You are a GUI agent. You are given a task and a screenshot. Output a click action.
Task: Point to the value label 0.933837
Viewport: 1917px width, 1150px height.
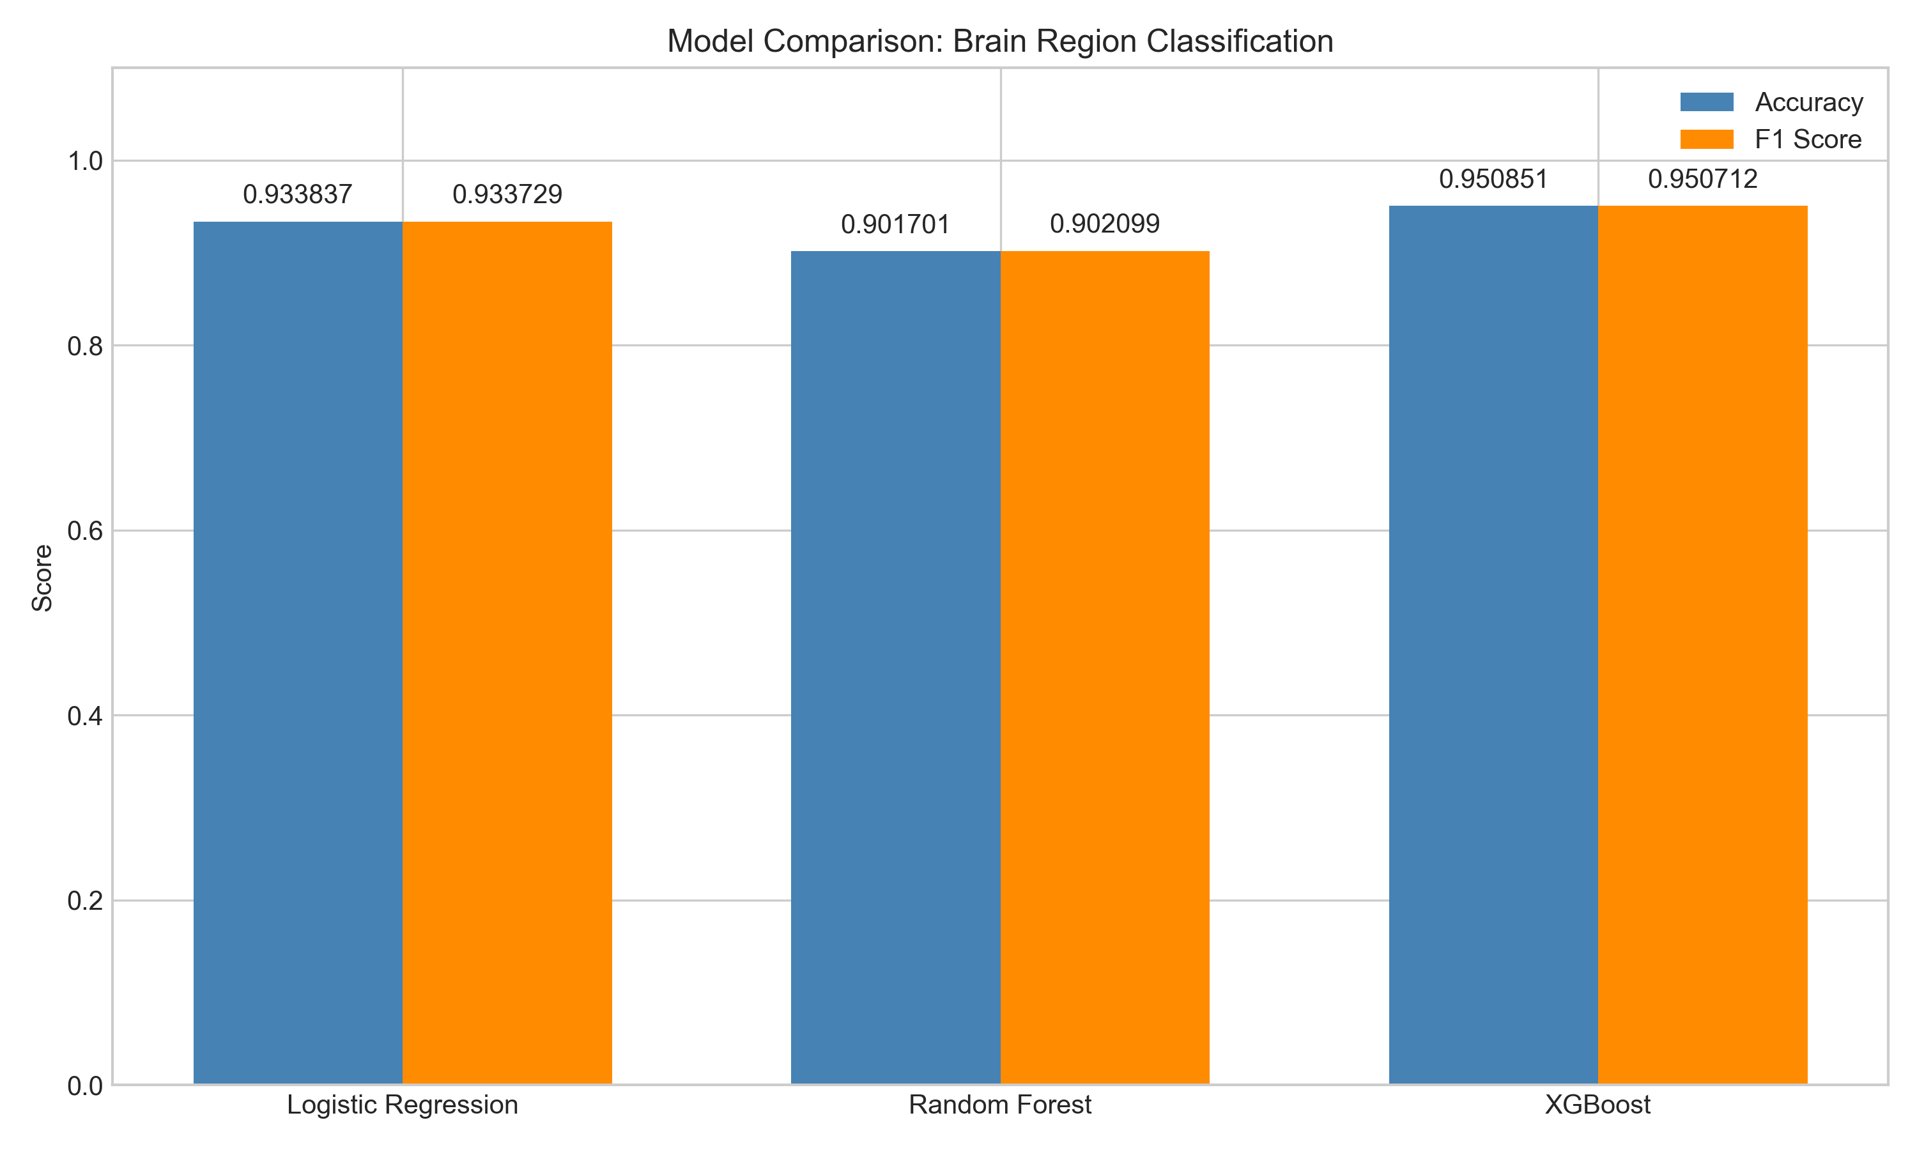298,194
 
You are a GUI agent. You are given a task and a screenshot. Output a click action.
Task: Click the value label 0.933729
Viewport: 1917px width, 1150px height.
507,194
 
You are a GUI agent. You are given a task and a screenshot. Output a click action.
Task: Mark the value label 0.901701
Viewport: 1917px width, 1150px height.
895,225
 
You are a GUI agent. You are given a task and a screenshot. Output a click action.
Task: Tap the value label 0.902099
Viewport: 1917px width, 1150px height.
1104,224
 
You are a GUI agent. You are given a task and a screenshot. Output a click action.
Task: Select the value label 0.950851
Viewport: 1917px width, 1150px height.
1493,180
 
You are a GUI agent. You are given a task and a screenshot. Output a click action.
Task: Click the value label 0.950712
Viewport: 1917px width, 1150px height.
1702,180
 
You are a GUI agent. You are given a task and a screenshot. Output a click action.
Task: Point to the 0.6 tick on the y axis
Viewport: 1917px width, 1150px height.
85,532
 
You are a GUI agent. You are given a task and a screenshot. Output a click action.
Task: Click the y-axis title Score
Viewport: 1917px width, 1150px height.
43,578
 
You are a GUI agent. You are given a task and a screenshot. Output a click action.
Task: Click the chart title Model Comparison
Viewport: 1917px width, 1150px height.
999,41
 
